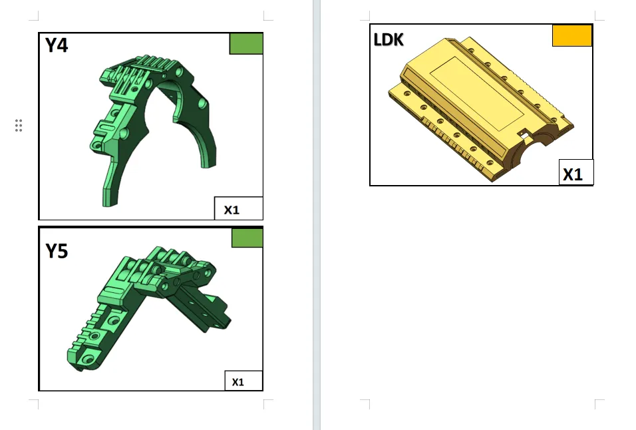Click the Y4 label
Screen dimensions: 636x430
click(57, 45)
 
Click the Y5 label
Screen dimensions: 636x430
click(57, 251)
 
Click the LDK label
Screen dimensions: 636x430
click(388, 40)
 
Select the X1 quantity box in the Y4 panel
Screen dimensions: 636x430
click(238, 208)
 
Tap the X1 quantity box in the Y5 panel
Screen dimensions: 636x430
click(243, 381)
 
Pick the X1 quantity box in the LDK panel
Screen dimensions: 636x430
click(576, 172)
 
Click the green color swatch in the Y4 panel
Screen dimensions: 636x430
click(246, 43)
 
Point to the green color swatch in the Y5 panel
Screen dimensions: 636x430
click(247, 238)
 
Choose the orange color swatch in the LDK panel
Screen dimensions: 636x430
click(572, 35)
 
